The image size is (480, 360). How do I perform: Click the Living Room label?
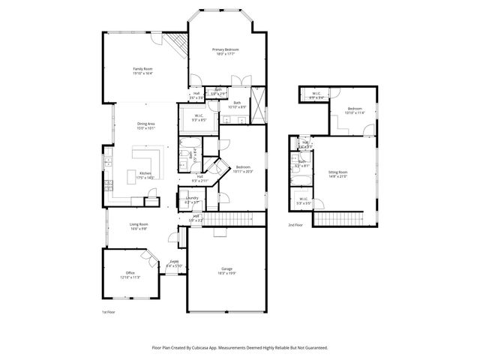tap(139, 226)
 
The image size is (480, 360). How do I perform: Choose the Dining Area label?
tap(145, 126)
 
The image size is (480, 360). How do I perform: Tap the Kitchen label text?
tap(145, 175)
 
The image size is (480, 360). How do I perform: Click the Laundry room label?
tap(193, 200)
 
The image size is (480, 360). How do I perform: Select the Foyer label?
tap(174, 263)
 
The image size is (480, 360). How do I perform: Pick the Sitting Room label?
tap(338, 174)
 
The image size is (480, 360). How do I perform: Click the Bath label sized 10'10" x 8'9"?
tap(237, 104)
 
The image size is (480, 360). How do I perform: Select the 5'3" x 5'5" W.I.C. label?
tap(304, 201)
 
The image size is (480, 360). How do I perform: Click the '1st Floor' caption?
tap(109, 312)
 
